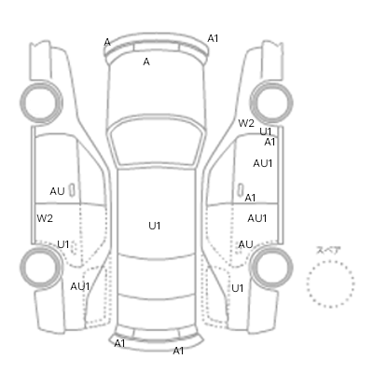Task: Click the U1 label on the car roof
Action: point(155,226)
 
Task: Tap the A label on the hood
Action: point(146,62)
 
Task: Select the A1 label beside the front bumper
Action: point(213,38)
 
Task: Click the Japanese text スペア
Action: point(328,250)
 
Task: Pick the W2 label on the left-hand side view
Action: point(45,218)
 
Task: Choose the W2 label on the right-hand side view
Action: point(246,123)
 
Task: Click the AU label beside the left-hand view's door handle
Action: point(57,191)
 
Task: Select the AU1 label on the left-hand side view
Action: point(80,286)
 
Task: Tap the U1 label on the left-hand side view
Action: point(63,244)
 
